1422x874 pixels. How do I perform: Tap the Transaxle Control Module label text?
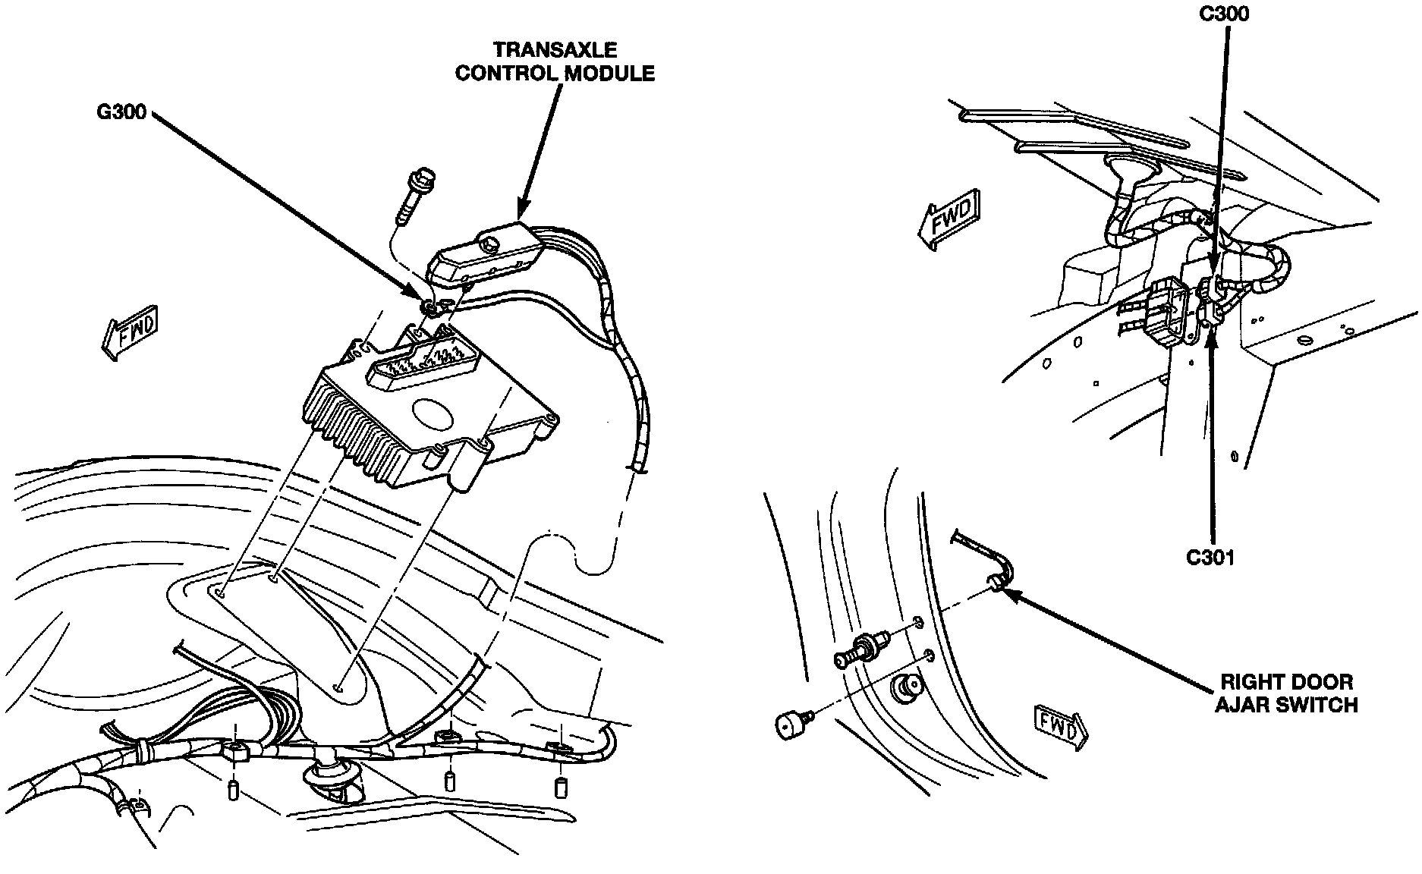tap(554, 61)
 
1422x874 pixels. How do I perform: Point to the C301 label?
tap(1210, 558)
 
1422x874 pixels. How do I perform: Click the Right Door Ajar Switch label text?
tap(1286, 693)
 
